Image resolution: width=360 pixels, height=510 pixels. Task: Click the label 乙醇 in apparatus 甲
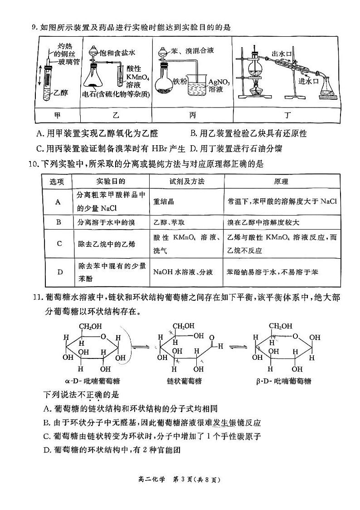tap(61, 93)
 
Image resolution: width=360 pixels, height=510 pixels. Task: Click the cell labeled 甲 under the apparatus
tap(57, 115)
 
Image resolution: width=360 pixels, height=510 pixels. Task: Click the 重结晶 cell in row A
tap(165, 201)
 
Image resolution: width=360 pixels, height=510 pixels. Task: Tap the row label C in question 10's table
tap(59, 244)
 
